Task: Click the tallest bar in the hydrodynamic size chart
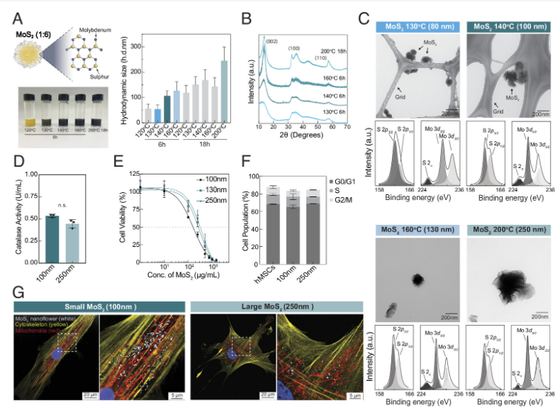(224, 92)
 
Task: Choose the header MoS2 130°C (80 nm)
(418, 27)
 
